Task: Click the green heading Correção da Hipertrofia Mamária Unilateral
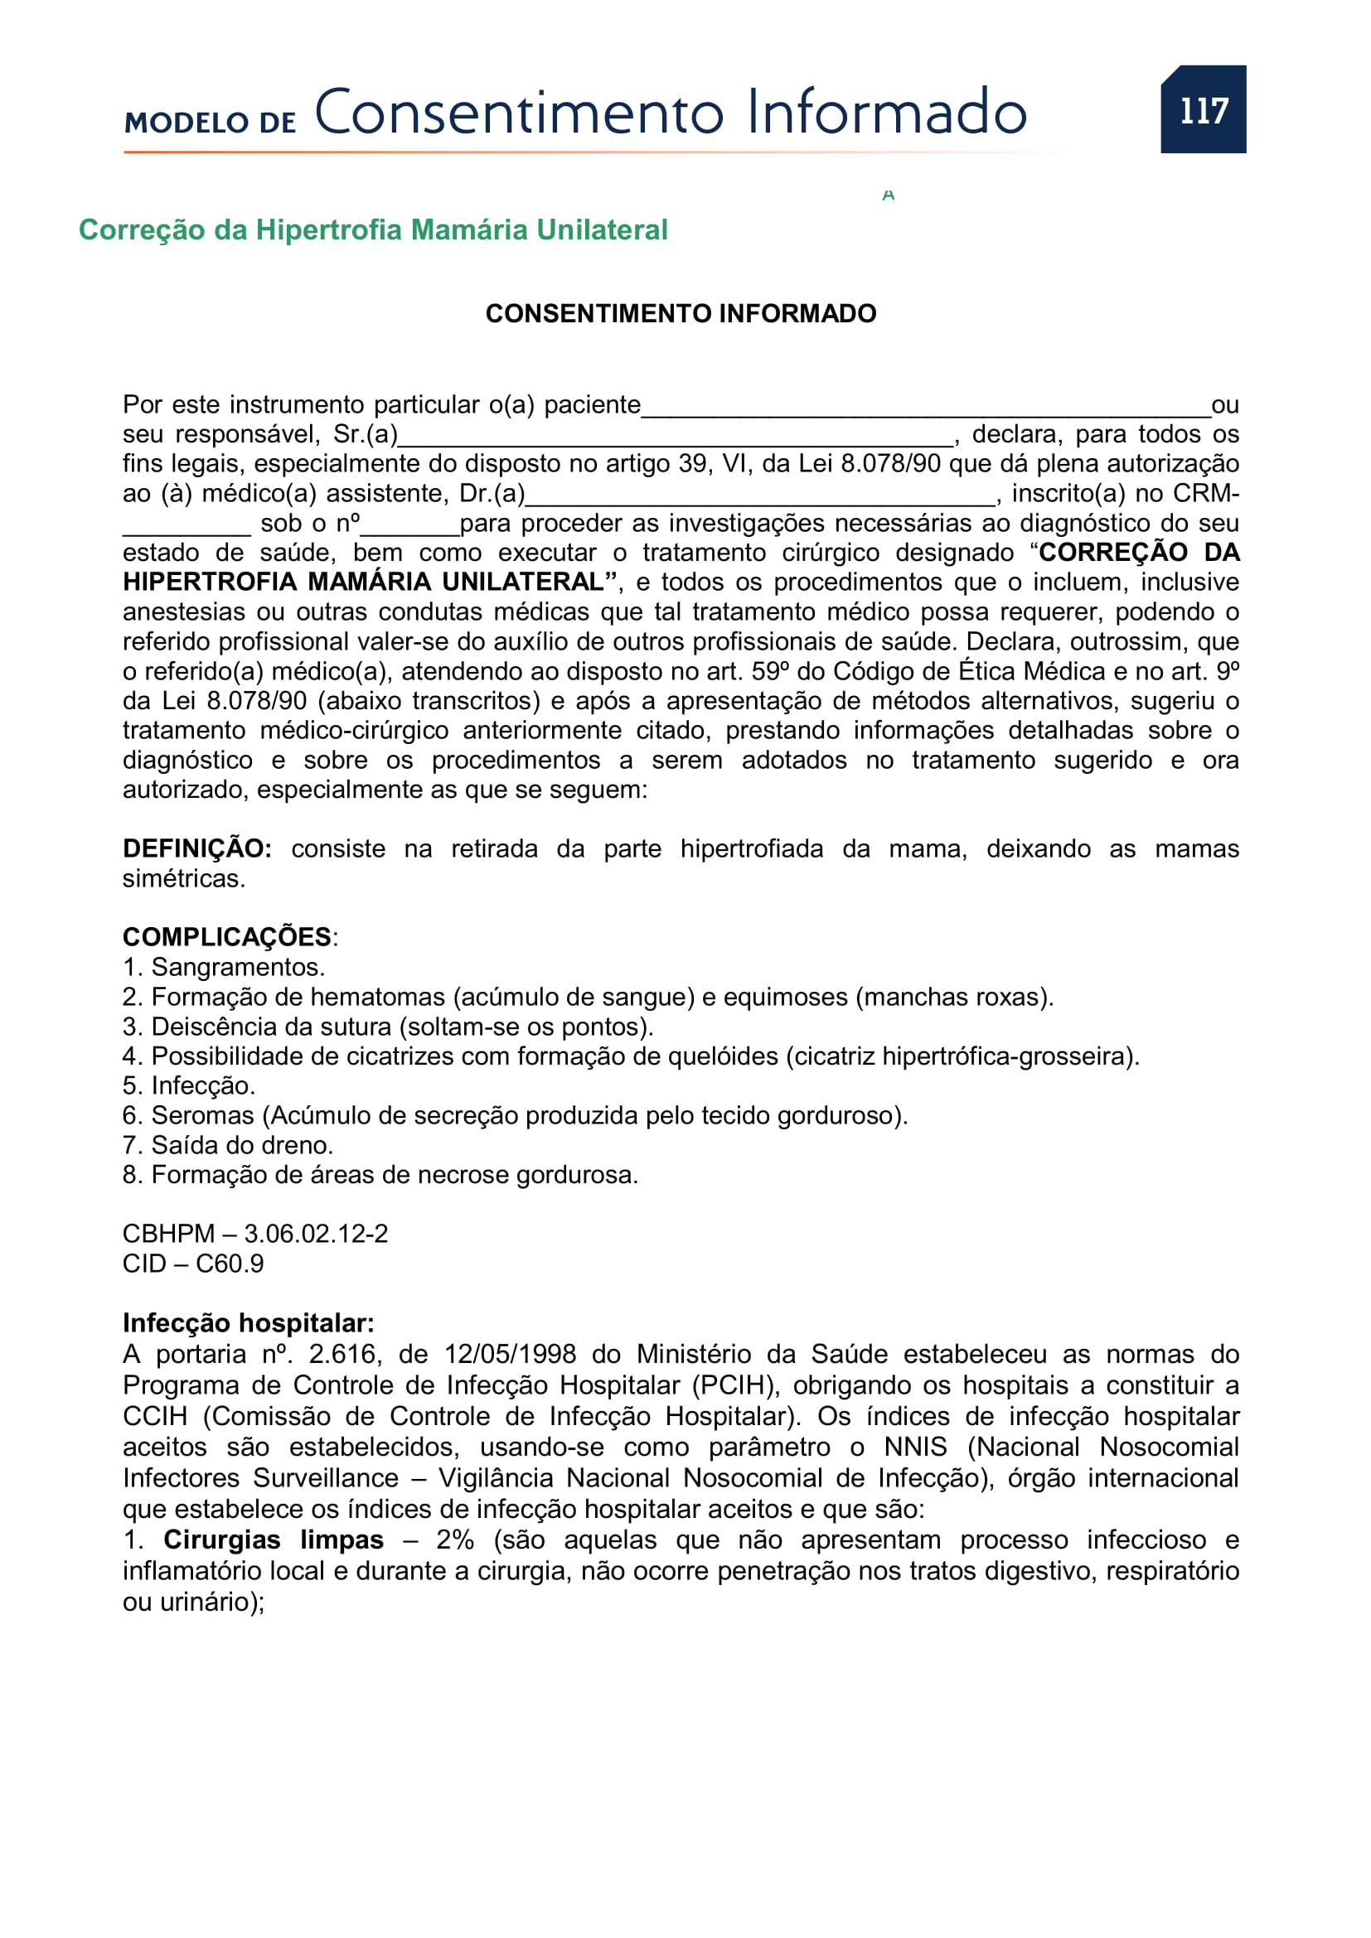(x=372, y=230)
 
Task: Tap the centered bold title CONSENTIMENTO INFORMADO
(x=681, y=313)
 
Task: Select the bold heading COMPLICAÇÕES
(x=227, y=937)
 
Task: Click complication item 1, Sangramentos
(x=224, y=966)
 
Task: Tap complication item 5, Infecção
(x=189, y=1085)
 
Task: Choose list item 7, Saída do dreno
(x=228, y=1144)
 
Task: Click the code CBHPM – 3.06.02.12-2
(x=255, y=1233)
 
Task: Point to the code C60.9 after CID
(x=230, y=1264)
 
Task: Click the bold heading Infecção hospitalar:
(x=248, y=1322)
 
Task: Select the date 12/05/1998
(x=510, y=1354)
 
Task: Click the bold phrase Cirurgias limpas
(x=273, y=1539)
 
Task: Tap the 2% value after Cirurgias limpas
(x=454, y=1539)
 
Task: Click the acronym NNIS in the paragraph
(x=915, y=1447)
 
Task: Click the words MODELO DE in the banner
(x=211, y=123)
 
